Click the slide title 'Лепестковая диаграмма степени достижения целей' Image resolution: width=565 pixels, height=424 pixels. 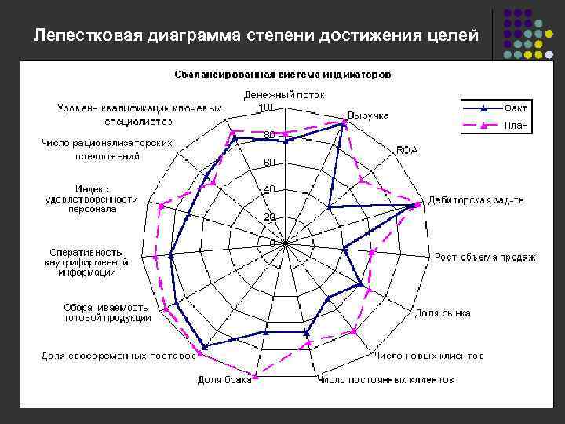pos(256,35)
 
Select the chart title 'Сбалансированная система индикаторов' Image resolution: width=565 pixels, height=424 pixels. pos(282,75)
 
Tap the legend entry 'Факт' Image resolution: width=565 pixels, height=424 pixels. pos(515,108)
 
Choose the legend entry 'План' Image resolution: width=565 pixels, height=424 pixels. pos(515,125)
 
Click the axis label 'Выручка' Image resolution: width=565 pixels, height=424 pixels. pos(368,115)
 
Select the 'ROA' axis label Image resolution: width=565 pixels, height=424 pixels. pos(407,150)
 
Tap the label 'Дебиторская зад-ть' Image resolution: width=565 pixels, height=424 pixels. pos(476,200)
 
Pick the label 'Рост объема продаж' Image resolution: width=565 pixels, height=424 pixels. pos(485,257)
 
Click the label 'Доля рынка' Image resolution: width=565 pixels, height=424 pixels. pos(443,313)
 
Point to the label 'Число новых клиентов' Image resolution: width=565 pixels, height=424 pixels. pos(428,356)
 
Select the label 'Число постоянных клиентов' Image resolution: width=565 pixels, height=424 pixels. pos(385,380)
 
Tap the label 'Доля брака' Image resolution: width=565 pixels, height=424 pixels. pos(224,380)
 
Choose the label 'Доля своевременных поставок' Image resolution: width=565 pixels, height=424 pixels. pos(118,356)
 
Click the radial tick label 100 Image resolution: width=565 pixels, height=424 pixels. pos(267,107)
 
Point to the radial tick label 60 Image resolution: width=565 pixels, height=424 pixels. pos(269,163)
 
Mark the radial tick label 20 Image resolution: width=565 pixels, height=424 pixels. pos(269,217)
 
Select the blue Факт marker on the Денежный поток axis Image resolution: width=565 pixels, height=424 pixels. pos(286,142)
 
